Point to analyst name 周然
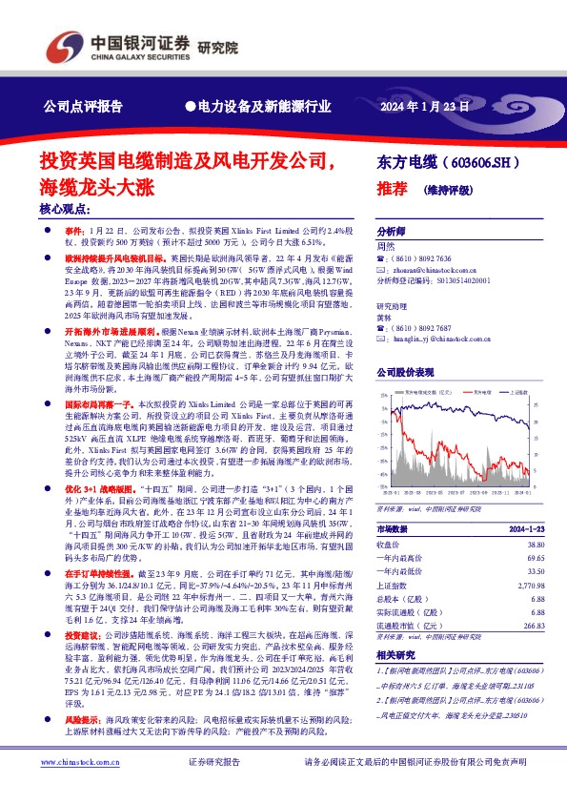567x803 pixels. coord(386,246)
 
